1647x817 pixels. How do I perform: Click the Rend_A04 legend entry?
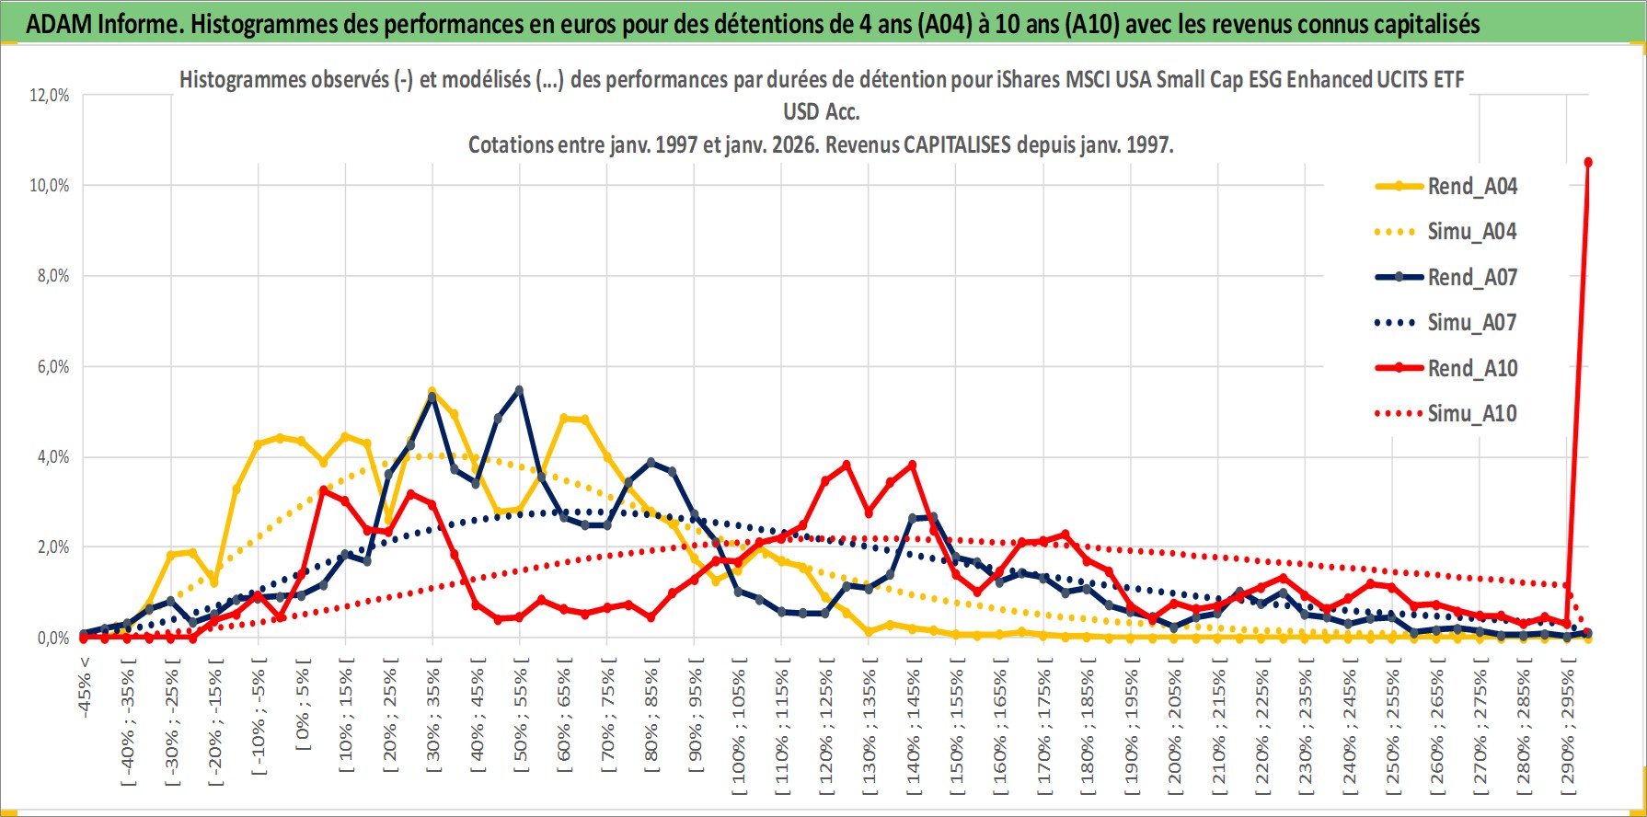(1471, 187)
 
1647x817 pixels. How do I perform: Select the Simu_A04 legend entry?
(1471, 232)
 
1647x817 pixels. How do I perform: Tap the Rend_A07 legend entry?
(1471, 277)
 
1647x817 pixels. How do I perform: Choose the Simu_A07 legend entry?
(1471, 323)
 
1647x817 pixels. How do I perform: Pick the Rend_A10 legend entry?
(1471, 368)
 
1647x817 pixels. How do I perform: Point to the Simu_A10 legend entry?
(1471, 414)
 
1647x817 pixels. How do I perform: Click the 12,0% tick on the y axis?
(50, 96)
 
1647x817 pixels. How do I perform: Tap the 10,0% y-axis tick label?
(50, 186)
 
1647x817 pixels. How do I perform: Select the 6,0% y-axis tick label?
(52, 367)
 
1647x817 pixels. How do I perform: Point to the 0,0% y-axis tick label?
(52, 639)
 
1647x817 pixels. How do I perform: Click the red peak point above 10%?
(1588, 163)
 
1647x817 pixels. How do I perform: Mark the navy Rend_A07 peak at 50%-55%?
(520, 390)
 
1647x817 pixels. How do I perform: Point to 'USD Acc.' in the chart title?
(821, 112)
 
